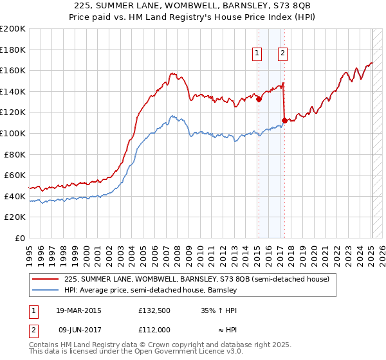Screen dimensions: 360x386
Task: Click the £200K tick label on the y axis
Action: (13, 29)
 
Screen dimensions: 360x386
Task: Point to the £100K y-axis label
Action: (13, 133)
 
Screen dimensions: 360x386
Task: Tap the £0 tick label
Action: (19, 238)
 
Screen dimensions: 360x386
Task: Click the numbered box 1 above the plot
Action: (257, 54)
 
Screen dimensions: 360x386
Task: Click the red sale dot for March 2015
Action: (258, 99)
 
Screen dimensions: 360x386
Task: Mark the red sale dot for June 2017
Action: (284, 121)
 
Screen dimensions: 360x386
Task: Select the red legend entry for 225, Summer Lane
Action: (197, 279)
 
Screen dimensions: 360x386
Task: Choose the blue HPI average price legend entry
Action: (151, 290)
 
